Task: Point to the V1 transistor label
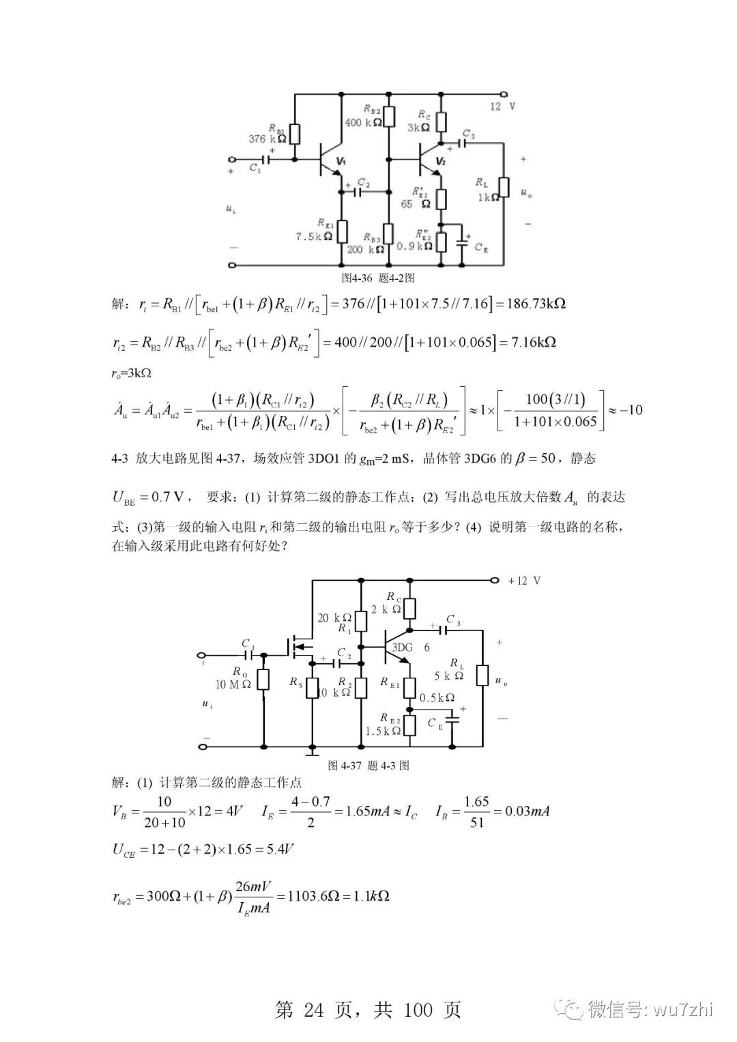(x=341, y=161)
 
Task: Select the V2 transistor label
(x=440, y=161)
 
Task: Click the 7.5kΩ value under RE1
(x=313, y=237)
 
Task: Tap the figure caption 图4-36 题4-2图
(x=378, y=278)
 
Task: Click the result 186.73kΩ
(x=536, y=304)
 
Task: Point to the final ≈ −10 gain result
(x=625, y=410)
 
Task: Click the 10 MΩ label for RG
(x=233, y=684)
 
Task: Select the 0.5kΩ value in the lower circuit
(x=437, y=697)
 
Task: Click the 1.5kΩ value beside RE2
(x=383, y=731)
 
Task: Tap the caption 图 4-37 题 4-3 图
(x=369, y=766)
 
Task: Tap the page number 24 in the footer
(x=314, y=1010)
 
